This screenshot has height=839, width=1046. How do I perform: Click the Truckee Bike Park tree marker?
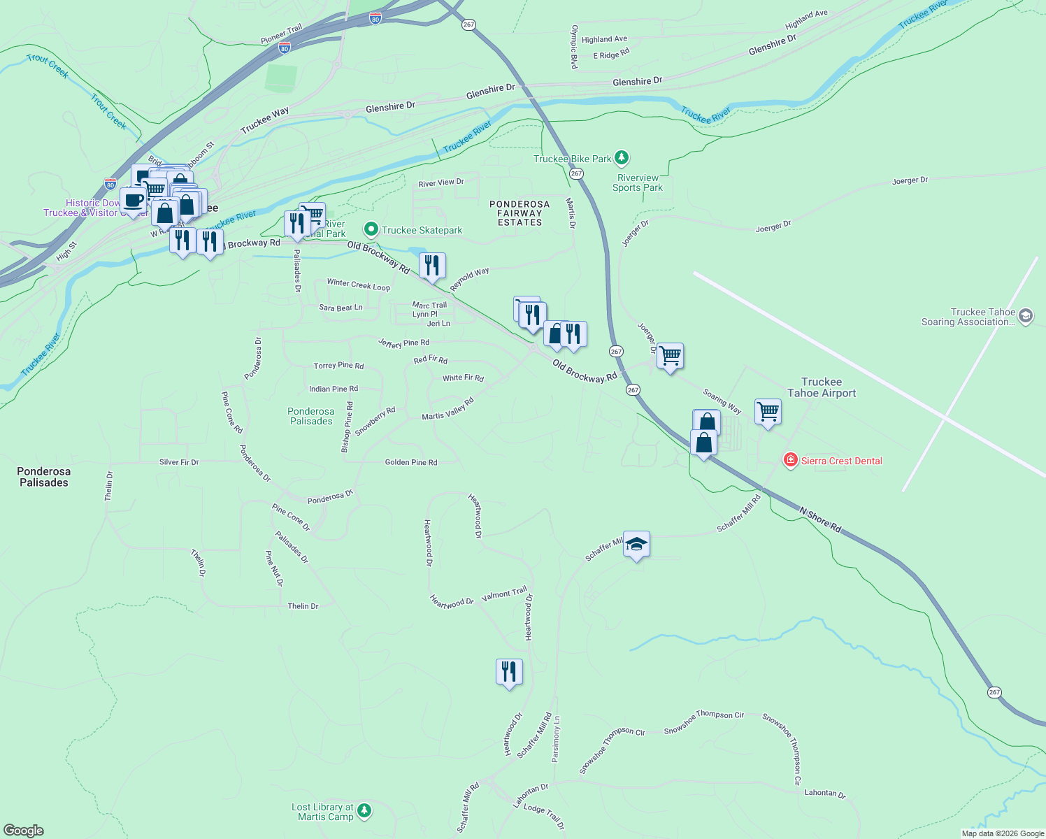click(622, 158)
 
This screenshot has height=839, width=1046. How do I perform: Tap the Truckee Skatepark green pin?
click(371, 229)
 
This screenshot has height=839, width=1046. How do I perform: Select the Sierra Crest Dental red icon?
click(790, 460)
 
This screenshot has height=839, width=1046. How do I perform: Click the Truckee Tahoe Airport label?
click(822, 387)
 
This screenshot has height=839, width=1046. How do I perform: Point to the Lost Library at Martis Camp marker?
click(364, 811)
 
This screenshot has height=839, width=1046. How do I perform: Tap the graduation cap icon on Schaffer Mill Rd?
click(636, 545)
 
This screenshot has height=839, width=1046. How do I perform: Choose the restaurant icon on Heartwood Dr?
click(509, 672)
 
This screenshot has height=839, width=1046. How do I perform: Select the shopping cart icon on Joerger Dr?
click(670, 357)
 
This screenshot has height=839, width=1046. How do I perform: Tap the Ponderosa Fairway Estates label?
click(520, 213)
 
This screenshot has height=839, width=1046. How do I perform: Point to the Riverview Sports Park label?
click(638, 182)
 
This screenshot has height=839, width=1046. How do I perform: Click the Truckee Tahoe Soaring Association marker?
click(1026, 316)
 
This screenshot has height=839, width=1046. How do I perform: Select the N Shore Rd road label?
click(820, 521)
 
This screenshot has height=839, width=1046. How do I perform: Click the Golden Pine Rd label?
click(411, 462)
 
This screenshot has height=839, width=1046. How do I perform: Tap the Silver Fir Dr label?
click(179, 462)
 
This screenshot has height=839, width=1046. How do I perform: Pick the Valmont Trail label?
click(504, 594)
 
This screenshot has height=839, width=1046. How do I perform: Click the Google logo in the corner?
click(24, 831)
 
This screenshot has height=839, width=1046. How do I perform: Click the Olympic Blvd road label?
click(575, 47)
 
